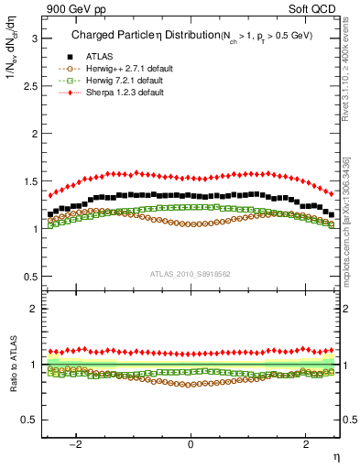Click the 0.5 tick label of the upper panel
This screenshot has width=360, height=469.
[x=30, y=276]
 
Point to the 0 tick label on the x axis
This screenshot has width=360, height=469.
[x=191, y=445]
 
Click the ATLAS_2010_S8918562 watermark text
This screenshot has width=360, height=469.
[x=191, y=274]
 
